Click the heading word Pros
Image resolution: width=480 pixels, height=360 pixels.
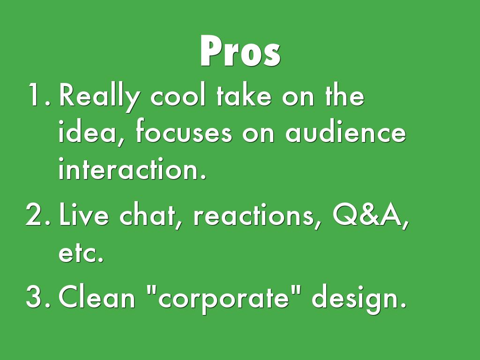pyautogui.click(x=240, y=51)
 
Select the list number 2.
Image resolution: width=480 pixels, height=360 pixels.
pyautogui.click(x=38, y=214)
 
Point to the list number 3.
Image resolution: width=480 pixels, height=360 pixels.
pyautogui.click(x=38, y=296)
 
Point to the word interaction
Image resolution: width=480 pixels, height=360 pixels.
pyautogui.click(x=132, y=168)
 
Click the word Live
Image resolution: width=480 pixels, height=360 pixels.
pyautogui.click(x=83, y=214)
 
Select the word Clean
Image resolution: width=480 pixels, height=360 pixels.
pyautogui.click(x=97, y=296)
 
